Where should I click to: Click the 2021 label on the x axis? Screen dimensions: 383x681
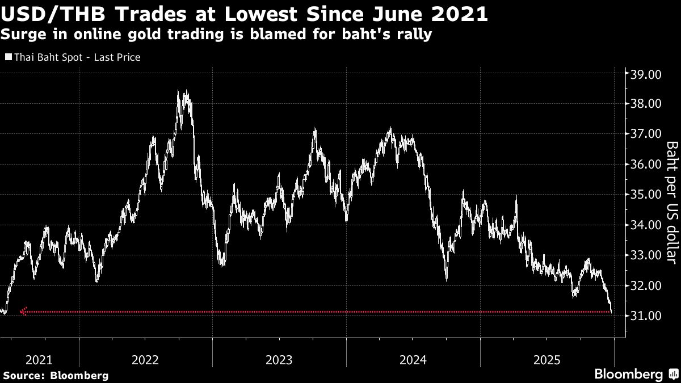(x=40, y=359)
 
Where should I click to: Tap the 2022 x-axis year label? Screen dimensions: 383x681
(x=145, y=359)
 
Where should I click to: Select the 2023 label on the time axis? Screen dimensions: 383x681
(x=279, y=359)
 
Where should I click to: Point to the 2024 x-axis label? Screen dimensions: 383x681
(x=413, y=359)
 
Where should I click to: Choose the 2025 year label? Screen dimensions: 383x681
(x=547, y=359)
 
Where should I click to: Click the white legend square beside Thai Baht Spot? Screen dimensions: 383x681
(x=8, y=57)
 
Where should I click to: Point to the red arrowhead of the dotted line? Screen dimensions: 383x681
(x=23, y=311)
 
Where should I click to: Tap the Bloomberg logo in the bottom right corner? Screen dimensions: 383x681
(x=636, y=374)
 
